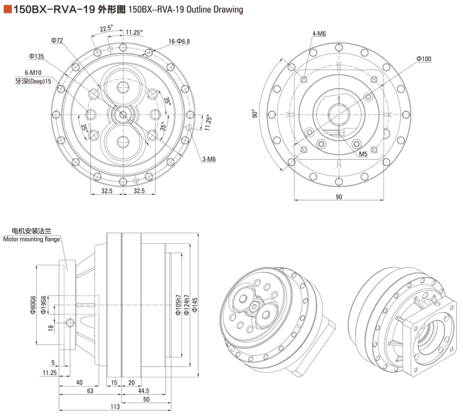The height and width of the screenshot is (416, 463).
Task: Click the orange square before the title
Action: [7, 9]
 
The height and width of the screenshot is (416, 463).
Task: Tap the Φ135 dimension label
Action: [37, 56]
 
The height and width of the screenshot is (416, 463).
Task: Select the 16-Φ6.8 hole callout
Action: [179, 42]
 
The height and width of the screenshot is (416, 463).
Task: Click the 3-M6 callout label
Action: [208, 159]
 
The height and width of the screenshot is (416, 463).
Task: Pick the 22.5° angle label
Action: [106, 28]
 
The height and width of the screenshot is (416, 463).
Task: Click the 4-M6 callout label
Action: [319, 34]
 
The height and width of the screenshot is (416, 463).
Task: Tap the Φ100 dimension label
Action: [423, 58]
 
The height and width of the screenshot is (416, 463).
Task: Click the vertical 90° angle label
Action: [255, 114]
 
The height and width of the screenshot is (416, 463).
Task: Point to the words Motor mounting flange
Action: [32, 239]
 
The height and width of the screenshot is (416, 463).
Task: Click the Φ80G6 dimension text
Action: [34, 304]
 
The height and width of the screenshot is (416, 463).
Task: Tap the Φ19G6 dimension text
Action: [44, 305]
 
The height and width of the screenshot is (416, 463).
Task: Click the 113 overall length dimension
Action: [115, 406]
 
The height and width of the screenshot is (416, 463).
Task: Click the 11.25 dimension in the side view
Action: [49, 373]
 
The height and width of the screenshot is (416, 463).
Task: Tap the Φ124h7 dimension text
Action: [186, 305]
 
